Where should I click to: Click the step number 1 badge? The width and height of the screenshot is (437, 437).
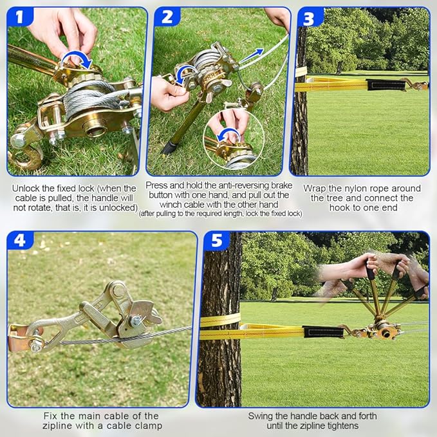[20, 17]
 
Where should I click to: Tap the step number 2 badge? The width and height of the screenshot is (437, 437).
[167, 17]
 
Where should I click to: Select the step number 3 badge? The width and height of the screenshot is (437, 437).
[310, 19]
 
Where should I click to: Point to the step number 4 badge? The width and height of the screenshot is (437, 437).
[20, 240]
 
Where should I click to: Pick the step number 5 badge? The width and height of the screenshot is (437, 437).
[217, 240]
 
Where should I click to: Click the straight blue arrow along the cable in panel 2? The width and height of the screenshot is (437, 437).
[252, 56]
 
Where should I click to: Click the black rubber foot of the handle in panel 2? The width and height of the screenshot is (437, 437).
[169, 147]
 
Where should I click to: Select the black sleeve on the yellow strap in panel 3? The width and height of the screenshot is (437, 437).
[386, 85]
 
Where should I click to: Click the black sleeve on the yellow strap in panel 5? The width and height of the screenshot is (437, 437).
[323, 331]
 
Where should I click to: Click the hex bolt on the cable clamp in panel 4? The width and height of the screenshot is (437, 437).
[135, 321]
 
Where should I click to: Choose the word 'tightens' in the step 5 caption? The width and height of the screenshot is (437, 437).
[340, 426]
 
